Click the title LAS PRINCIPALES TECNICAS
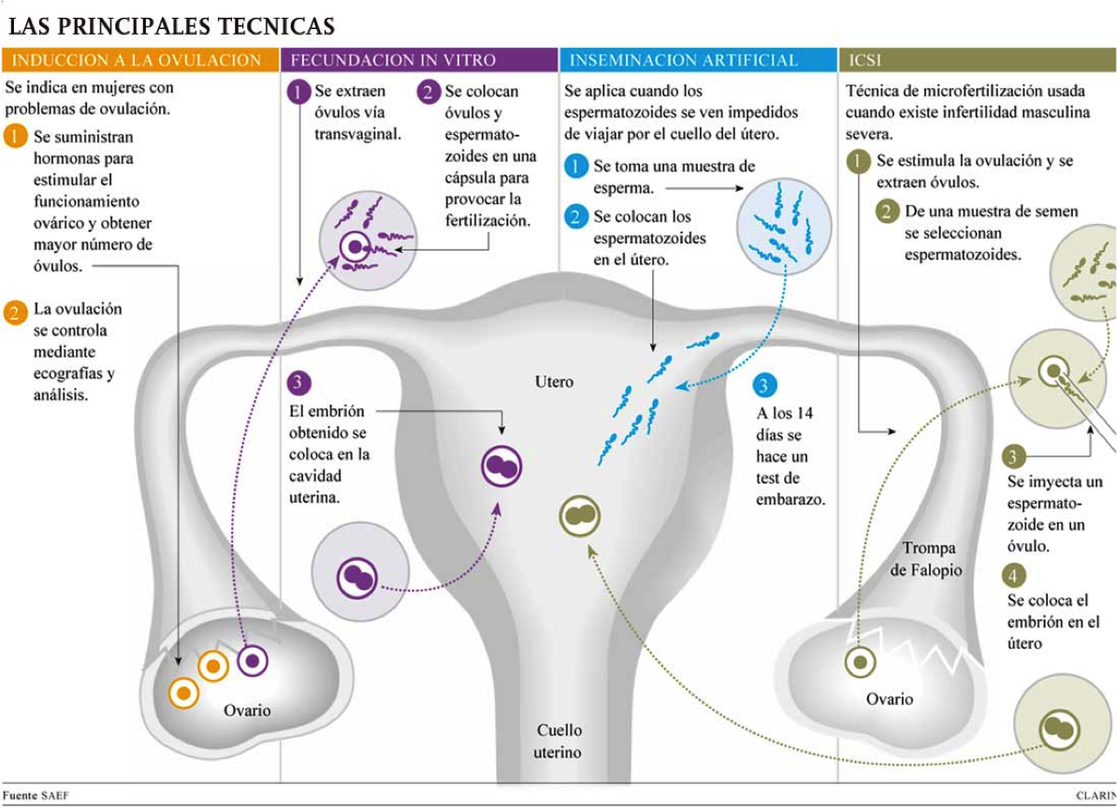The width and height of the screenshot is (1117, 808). click(x=171, y=25)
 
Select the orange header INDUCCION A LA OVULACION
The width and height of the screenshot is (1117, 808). click(x=138, y=61)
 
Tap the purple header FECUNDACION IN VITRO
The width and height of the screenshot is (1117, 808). click(x=393, y=61)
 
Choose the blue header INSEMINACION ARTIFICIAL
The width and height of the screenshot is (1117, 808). click(x=684, y=61)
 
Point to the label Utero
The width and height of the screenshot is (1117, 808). click(x=554, y=382)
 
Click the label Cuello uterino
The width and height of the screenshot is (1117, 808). click(x=558, y=741)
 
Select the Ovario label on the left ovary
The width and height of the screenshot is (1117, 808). click(x=246, y=711)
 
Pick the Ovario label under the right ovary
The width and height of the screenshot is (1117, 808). click(x=889, y=698)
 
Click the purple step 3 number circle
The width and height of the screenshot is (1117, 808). click(x=297, y=382)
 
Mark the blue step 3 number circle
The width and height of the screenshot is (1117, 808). click(x=763, y=386)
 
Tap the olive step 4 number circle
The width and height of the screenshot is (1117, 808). click(x=1014, y=575)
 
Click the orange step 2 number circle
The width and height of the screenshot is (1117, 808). click(x=15, y=312)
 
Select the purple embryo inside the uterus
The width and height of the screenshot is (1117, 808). click(x=501, y=466)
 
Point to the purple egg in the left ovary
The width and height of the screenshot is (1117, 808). click(x=252, y=661)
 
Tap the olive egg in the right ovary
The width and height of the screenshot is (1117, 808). click(x=860, y=662)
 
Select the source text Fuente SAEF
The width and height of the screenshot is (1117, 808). click(x=36, y=795)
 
